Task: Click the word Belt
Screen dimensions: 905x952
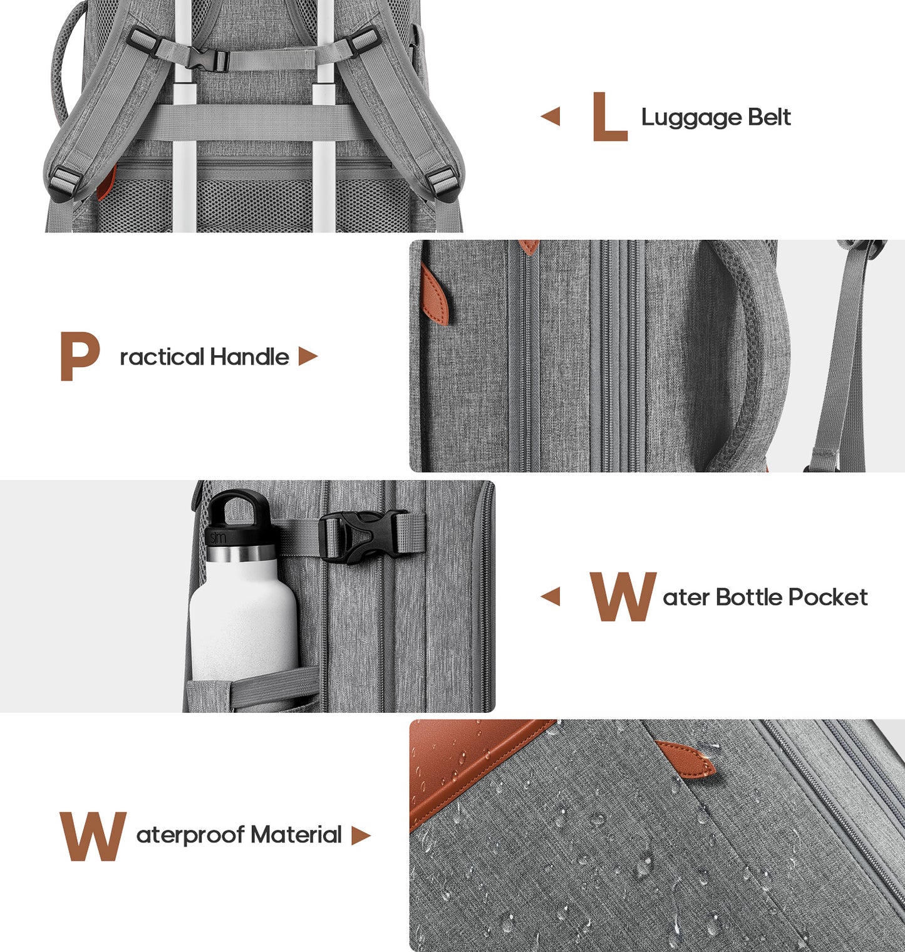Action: [x=770, y=117]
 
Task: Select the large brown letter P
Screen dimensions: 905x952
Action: [x=80, y=356]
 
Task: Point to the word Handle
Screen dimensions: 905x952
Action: [x=249, y=357]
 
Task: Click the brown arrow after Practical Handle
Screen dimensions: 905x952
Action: [x=308, y=356]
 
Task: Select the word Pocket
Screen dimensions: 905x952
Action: [x=828, y=597]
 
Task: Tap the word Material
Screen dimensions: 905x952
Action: [x=296, y=835]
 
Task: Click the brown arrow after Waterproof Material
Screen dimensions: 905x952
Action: [x=361, y=836]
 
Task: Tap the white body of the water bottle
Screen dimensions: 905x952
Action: [x=243, y=620]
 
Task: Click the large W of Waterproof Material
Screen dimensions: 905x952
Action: [x=93, y=836]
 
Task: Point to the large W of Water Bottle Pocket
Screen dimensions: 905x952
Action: [x=623, y=597]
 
